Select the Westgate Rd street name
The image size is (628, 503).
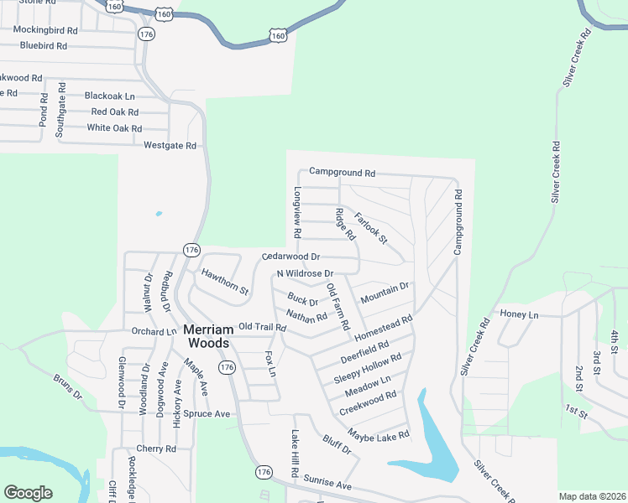(170, 145)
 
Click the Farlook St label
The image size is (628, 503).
(370, 229)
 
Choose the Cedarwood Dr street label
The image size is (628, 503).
(291, 257)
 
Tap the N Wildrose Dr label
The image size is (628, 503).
(306, 274)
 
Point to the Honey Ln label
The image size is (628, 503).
(518, 314)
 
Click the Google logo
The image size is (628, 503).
(28, 493)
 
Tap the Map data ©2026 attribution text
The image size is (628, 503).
(592, 496)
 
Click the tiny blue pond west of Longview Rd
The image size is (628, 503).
(158, 214)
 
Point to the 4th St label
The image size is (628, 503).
(615, 341)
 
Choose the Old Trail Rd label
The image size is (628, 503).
(263, 327)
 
